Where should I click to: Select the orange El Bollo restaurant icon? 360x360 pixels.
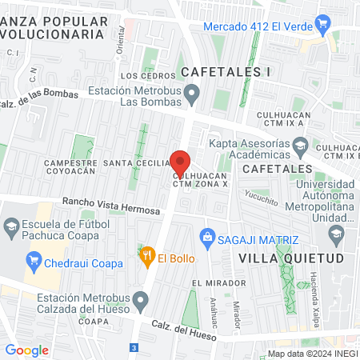[x=146, y=258]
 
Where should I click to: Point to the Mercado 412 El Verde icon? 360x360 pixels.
[x=322, y=24]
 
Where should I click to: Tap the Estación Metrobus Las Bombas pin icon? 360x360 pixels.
[x=191, y=96]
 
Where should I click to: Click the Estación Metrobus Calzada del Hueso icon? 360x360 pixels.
[x=142, y=302]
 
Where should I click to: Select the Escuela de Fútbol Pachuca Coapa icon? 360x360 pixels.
[x=11, y=228]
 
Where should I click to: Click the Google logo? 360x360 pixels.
[x=26, y=350]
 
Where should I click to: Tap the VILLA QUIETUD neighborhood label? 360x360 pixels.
[x=290, y=259]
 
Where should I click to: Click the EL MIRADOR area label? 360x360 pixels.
[x=218, y=284]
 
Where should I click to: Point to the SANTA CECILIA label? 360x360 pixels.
[x=134, y=164]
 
